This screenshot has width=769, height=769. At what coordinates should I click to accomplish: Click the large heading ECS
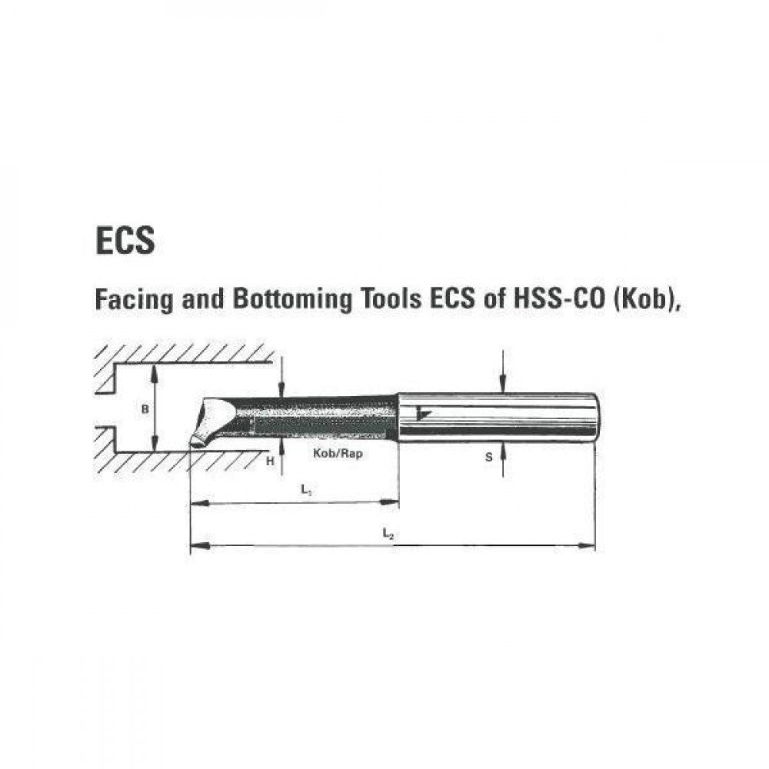pyautogui.click(x=125, y=240)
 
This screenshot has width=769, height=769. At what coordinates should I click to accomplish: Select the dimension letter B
pyautogui.click(x=144, y=410)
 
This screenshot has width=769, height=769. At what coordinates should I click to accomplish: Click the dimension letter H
pyautogui.click(x=269, y=461)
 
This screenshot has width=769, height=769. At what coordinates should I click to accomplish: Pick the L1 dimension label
pyautogui.click(x=306, y=490)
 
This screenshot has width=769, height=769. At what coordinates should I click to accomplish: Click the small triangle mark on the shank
pyautogui.click(x=420, y=414)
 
